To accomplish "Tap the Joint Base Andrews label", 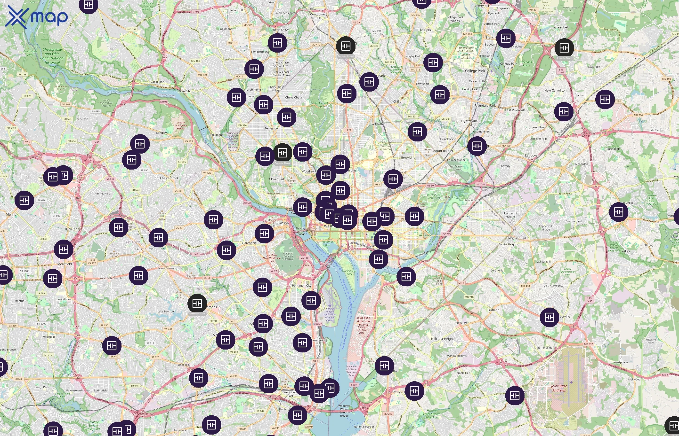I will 559,388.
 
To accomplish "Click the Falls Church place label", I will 144,249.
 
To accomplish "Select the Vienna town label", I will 11,214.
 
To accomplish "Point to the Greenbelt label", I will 561,27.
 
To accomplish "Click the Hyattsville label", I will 469,121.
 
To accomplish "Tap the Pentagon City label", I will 301,285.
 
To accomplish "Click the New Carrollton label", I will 555,91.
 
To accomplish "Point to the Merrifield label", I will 65,264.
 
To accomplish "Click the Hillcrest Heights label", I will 443,339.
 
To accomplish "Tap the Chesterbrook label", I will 169,178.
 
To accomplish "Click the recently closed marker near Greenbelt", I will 564,48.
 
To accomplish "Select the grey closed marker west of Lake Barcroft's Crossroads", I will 197,304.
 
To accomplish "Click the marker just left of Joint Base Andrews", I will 515,395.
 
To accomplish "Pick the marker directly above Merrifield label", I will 64,249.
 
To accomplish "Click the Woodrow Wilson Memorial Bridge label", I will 344,411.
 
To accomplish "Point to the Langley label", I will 162,133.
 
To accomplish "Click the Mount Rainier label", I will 442,151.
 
